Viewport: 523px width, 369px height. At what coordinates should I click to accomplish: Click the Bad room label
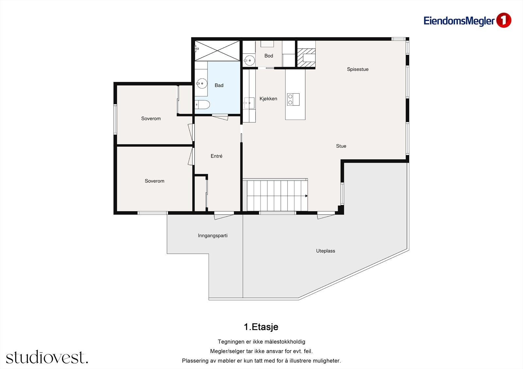pyautogui.click(x=219, y=85)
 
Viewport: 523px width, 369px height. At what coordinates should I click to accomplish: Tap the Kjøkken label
pyautogui.click(x=268, y=99)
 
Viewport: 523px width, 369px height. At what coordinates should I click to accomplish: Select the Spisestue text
pyautogui.click(x=358, y=69)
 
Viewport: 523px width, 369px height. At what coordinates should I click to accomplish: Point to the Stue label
pyautogui.click(x=341, y=146)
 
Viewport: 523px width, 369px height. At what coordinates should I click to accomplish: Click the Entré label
pyautogui.click(x=216, y=156)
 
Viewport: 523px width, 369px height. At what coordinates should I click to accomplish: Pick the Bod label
pyautogui.click(x=269, y=56)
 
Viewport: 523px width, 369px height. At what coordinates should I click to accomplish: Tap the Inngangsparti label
pyautogui.click(x=213, y=236)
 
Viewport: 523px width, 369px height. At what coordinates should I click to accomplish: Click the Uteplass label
pyautogui.click(x=326, y=251)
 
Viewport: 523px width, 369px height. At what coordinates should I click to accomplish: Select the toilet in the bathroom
pyautogui.click(x=202, y=105)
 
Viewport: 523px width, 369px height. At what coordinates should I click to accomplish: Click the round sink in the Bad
pyautogui.click(x=202, y=83)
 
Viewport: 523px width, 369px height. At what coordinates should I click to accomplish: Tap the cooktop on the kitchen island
pyautogui.click(x=293, y=100)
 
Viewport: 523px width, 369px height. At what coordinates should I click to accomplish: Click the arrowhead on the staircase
pyautogui.click(x=306, y=196)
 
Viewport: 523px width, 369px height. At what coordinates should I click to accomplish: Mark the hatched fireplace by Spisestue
pyautogui.click(x=306, y=58)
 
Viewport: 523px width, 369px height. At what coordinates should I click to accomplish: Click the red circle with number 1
pyautogui.click(x=504, y=20)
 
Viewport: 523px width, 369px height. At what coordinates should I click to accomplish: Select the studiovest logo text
pyautogui.click(x=47, y=357)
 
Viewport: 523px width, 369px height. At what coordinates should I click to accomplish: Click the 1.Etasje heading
pyautogui.click(x=261, y=327)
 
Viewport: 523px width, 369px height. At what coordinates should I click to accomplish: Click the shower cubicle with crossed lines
pyautogui.click(x=217, y=51)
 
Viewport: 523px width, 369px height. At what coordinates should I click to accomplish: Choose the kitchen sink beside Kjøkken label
pyautogui.click(x=249, y=103)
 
